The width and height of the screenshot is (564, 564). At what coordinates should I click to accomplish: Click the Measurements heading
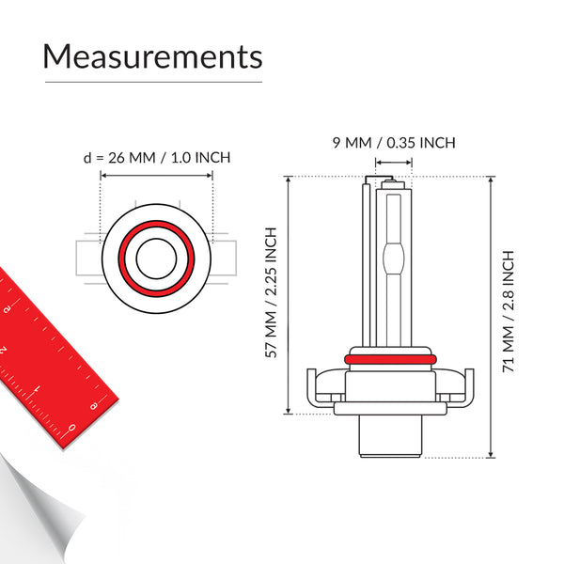(152, 56)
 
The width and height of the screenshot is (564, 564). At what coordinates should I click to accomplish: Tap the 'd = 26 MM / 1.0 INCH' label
(157, 158)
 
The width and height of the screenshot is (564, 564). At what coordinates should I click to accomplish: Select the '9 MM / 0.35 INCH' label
(394, 143)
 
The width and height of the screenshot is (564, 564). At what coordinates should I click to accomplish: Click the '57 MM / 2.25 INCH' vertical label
(271, 292)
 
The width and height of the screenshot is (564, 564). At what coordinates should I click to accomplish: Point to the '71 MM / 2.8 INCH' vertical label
(508, 311)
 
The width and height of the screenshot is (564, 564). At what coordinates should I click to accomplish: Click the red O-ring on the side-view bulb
(390, 359)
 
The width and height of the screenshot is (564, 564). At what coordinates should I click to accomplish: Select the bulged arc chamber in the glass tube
(394, 258)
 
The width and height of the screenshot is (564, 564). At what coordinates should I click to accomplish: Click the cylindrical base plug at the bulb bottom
(390, 436)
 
